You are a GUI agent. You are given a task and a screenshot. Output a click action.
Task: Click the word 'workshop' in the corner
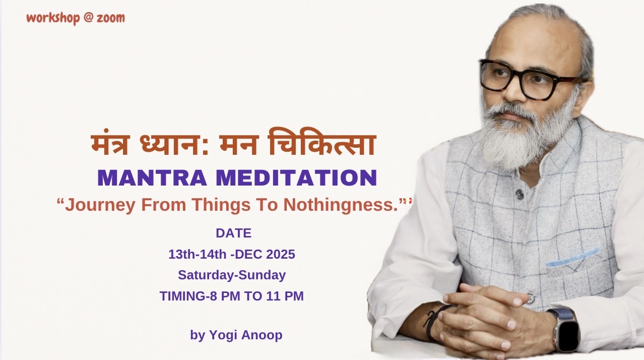tap(53, 18)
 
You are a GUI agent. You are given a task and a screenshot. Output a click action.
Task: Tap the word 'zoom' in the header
tap(111, 18)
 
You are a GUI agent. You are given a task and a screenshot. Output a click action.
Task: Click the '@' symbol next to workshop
tap(88, 18)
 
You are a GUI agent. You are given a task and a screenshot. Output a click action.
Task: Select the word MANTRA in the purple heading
tap(152, 178)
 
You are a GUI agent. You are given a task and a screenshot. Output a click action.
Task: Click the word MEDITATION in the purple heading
tap(296, 178)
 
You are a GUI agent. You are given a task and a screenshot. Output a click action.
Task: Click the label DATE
tap(233, 233)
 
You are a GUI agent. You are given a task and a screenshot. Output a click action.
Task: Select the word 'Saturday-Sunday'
tap(232, 275)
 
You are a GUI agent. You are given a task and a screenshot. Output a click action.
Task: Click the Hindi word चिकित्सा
tap(322, 142)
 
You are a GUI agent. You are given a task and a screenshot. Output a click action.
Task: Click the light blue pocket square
tap(572, 258)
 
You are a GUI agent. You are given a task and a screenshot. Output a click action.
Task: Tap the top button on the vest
tap(519, 194)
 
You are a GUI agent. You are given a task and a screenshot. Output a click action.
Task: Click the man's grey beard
tap(526, 135)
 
